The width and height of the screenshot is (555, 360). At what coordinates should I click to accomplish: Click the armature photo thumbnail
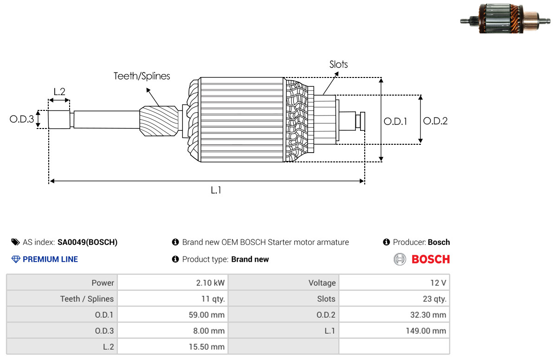tap(505, 19)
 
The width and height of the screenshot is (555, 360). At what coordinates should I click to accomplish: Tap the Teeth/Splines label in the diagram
tap(142, 76)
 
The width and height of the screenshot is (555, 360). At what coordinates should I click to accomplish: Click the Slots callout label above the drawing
tap(338, 64)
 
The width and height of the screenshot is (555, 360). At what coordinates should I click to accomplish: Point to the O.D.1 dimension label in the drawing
tap(395, 122)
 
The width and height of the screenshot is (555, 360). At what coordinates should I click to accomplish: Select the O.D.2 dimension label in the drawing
tap(435, 121)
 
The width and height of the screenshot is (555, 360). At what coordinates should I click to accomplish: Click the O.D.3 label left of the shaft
tap(22, 119)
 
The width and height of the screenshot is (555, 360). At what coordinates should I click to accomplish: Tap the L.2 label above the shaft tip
tap(59, 92)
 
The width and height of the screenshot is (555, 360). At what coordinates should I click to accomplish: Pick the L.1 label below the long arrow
tap(216, 190)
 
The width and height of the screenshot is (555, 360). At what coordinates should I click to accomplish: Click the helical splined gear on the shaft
tap(159, 121)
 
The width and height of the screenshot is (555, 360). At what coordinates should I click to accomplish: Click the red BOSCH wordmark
tap(431, 259)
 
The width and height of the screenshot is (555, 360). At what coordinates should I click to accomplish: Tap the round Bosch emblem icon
tap(400, 259)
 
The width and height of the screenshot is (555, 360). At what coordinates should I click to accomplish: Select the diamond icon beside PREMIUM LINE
tap(16, 259)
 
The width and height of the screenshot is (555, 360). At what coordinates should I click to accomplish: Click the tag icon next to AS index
tap(16, 242)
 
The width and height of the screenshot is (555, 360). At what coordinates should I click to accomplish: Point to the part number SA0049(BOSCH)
tap(87, 242)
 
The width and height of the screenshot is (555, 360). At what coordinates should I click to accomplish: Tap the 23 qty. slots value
tap(434, 299)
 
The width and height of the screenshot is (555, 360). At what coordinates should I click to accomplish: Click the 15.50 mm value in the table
tap(207, 347)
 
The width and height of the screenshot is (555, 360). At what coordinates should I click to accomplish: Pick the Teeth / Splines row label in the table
tap(87, 299)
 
